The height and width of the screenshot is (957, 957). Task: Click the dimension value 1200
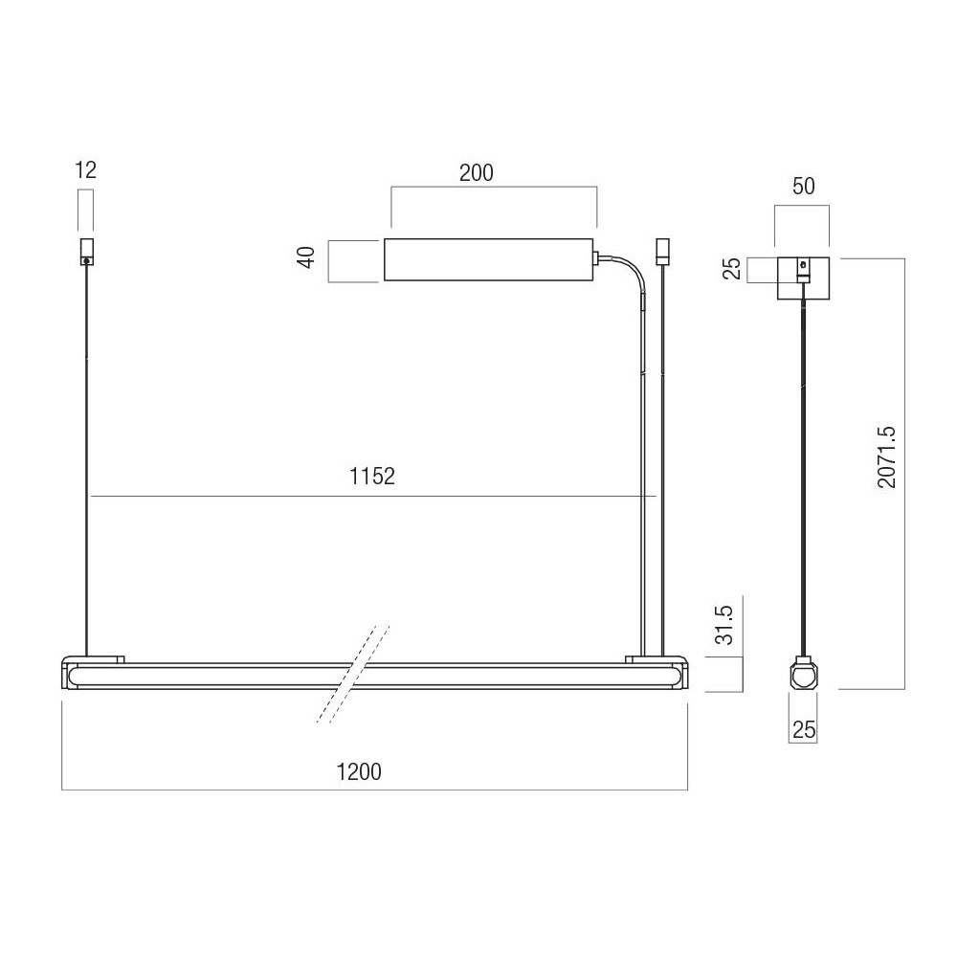(359, 771)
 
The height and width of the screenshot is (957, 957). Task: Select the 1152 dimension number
(371, 476)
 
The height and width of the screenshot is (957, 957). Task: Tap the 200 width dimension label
(476, 172)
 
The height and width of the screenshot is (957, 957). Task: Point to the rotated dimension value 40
(306, 256)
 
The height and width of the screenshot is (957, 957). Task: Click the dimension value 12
(85, 169)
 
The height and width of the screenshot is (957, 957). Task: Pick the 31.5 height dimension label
(723, 625)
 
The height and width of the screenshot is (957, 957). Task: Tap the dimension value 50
(803, 186)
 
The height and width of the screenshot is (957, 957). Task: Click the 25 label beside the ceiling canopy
(732, 269)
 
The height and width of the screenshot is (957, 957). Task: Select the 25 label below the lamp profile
(804, 728)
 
